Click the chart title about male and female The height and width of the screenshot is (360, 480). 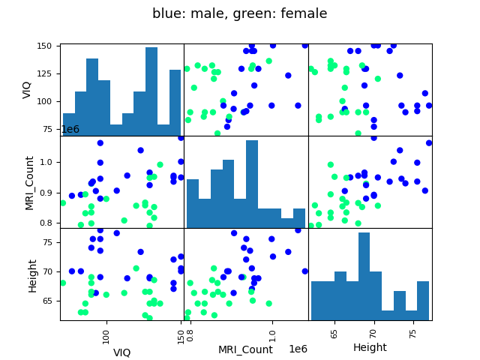click(239, 13)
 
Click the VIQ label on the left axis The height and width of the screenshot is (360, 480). click(28, 89)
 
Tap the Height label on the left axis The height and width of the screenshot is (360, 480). click(33, 274)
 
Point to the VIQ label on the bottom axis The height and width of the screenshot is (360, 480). click(121, 352)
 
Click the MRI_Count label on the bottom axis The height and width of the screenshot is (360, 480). click(245, 349)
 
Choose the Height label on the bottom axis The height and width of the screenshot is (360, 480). click(370, 347)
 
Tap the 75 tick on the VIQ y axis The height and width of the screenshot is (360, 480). click(49, 129)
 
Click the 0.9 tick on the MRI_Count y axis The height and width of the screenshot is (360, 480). click(48, 193)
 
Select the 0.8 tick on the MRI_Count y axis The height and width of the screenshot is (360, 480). click(48, 223)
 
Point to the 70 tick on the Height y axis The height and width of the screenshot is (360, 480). click(49, 271)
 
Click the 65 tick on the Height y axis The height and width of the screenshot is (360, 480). click(49, 300)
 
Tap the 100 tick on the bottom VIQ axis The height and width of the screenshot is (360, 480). click(106, 333)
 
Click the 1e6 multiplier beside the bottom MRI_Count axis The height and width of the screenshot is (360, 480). click(298, 349)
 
